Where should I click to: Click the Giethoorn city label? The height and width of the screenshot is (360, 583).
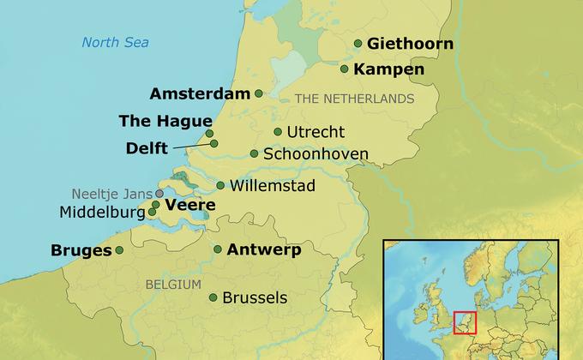pyautogui.click(x=410, y=44)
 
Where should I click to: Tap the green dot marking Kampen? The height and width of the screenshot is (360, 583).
pyautogui.click(x=345, y=69)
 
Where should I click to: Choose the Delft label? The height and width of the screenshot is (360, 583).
pyautogui.click(x=147, y=148)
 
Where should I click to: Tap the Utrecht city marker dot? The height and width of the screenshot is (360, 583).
pyautogui.click(x=278, y=132)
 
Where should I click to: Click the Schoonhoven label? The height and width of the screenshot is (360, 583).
pyautogui.click(x=316, y=154)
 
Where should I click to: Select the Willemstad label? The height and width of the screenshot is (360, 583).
pyautogui.click(x=273, y=185)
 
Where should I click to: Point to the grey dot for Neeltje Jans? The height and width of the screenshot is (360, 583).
pyautogui.click(x=159, y=194)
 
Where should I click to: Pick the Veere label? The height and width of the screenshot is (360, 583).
pyautogui.click(x=189, y=206)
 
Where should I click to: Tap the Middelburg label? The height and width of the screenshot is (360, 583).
pyautogui.click(x=103, y=212)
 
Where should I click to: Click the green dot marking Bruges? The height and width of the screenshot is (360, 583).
pyautogui.click(x=119, y=250)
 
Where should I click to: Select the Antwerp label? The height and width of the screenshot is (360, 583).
pyautogui.click(x=263, y=250)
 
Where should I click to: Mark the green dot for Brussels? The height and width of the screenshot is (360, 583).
pyautogui.click(x=213, y=298)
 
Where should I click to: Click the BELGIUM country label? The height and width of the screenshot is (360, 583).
pyautogui.click(x=173, y=284)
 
